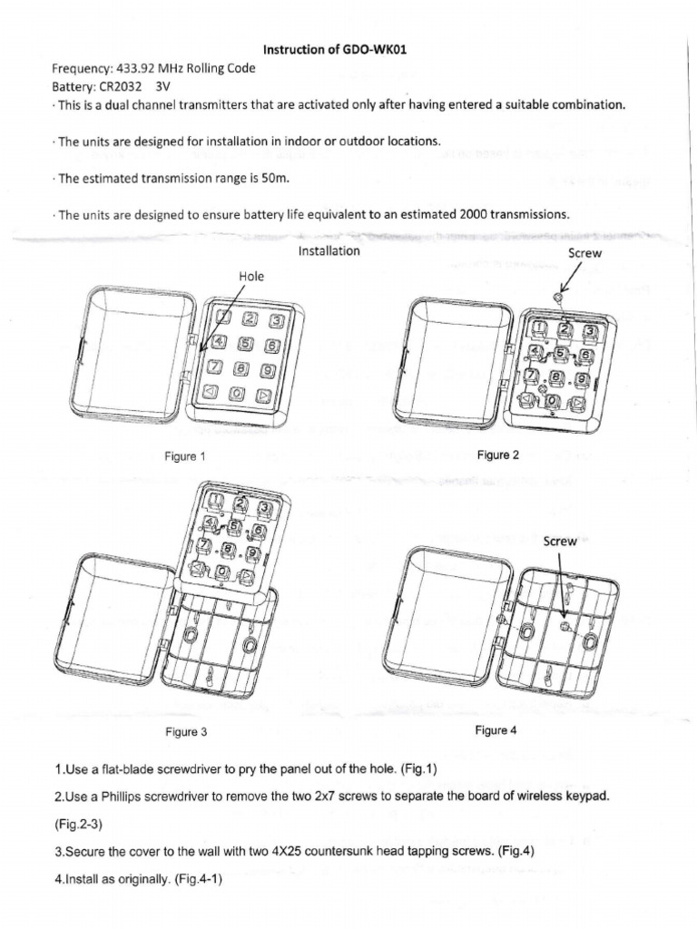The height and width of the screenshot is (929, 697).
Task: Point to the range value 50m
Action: [273, 178]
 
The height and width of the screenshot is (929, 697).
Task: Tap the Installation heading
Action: [329, 250]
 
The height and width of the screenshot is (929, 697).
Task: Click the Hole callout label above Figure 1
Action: [250, 275]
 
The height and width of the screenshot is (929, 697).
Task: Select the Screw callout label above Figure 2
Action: [584, 254]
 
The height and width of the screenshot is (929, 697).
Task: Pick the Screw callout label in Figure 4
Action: [560, 541]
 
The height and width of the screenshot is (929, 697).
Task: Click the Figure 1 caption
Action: [185, 456]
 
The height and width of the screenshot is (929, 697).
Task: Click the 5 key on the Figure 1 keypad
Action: [245, 344]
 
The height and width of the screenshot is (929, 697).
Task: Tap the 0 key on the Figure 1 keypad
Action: [237, 394]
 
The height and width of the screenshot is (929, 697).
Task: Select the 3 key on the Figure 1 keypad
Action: [277, 320]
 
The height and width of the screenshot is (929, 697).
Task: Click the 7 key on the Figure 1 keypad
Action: [214, 367]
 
